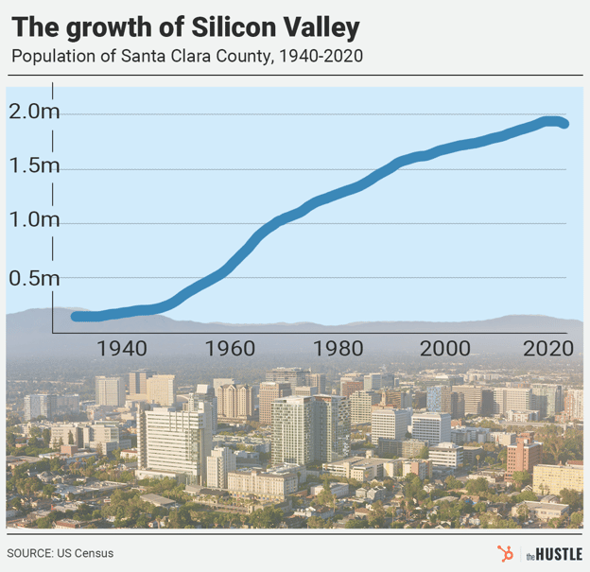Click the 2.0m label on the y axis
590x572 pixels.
35,113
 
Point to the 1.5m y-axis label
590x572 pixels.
35,166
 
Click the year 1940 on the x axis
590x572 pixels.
121,348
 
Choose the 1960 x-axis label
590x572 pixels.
230,348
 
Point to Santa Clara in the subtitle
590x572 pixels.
170,56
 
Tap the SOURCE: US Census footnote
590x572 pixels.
60,553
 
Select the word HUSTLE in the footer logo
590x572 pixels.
560,553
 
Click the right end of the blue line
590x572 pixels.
564,124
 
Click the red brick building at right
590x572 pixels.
523,456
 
